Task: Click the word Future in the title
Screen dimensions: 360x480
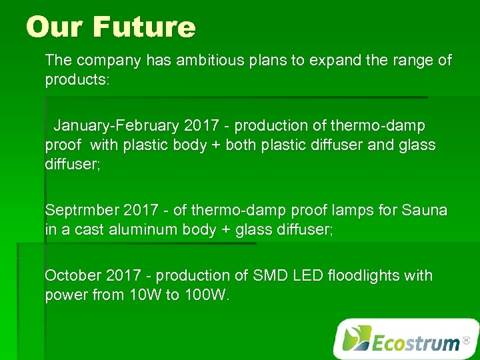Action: pos(144,27)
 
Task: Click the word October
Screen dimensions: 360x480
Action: pos(71,275)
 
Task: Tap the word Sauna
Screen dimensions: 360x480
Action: pos(425,211)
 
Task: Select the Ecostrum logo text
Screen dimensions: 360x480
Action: pos(415,343)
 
